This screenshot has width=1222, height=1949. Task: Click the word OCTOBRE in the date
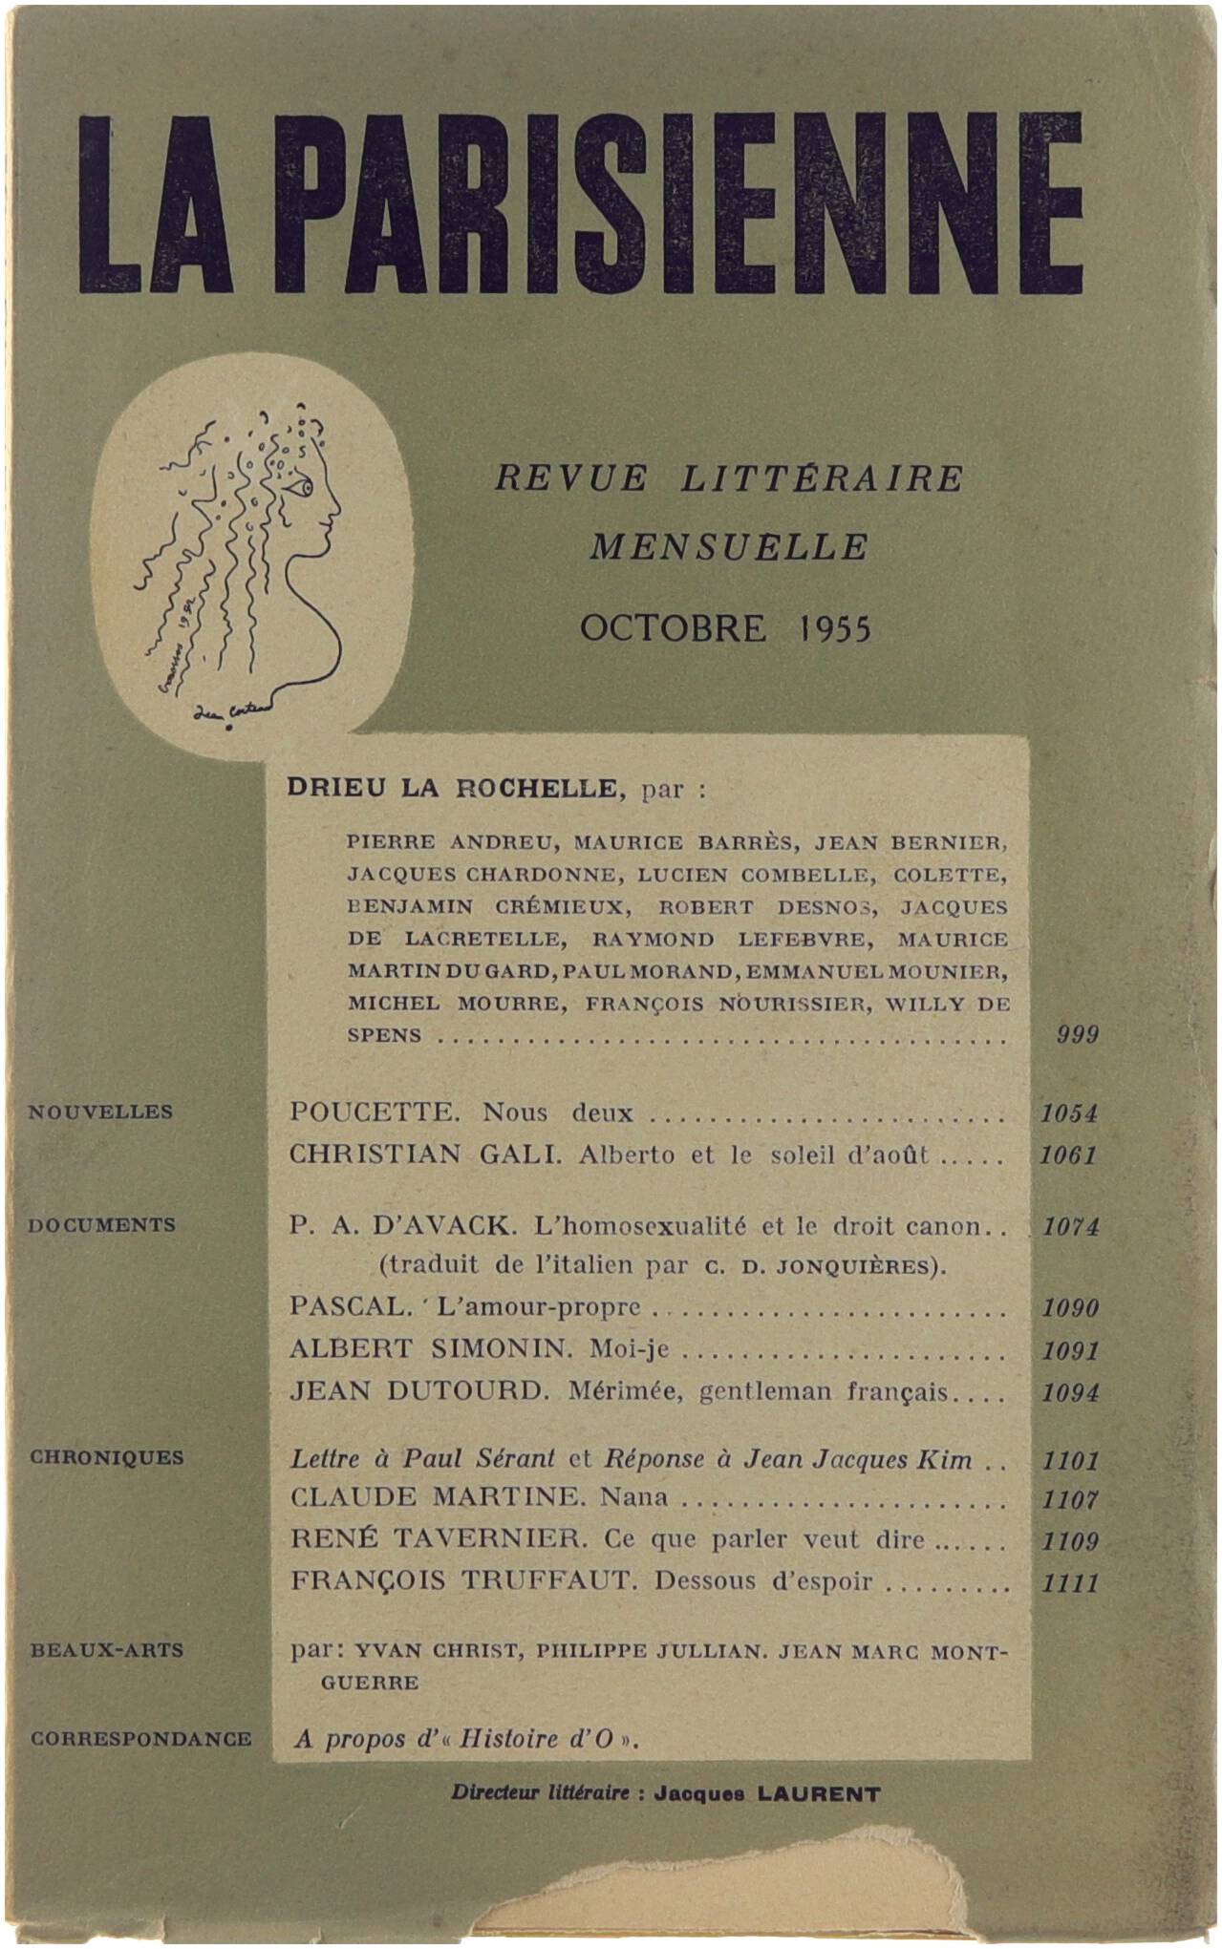coord(673,628)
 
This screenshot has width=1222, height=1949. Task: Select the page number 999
coord(1077,1035)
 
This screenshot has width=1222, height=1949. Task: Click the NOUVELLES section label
coord(100,1112)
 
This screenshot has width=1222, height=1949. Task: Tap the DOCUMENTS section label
coord(101,1225)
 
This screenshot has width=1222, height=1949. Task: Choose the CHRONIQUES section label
coord(106,1458)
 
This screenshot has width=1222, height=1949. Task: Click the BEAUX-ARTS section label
coord(106,1651)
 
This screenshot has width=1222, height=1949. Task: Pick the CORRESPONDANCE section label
coord(140,1740)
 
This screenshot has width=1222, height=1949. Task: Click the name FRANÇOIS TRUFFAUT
coord(462,1581)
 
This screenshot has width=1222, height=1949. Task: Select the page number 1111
coord(1070,1583)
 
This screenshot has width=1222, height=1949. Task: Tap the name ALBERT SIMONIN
coord(430,1349)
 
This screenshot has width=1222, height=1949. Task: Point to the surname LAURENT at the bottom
coord(819,1794)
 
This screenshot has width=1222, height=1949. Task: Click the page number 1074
coord(1070,1227)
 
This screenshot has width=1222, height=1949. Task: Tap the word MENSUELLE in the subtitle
coord(729,548)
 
